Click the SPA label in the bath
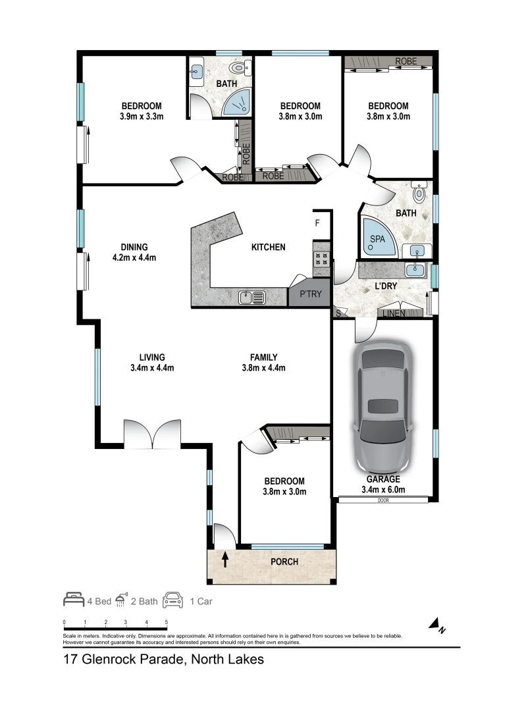tap(377, 240)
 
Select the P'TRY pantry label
tap(310, 294)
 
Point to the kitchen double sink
tap(251, 298)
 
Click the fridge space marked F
tap(317, 223)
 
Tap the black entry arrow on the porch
tap(225, 560)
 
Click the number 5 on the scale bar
tap(167, 621)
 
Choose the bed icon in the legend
tap(74, 600)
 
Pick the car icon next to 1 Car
tap(173, 600)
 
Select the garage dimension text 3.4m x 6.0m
tap(383, 489)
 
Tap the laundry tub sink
tap(415, 269)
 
